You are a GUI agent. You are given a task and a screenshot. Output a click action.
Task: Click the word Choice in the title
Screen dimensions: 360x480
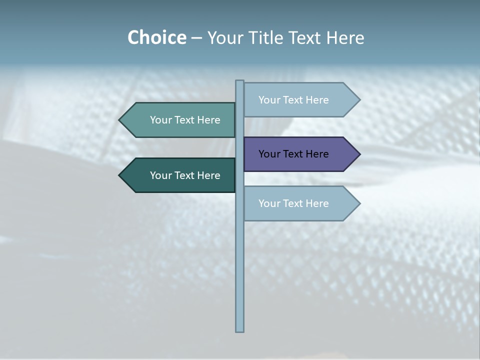(156, 38)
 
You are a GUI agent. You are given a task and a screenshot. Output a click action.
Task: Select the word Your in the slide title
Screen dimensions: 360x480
(223, 38)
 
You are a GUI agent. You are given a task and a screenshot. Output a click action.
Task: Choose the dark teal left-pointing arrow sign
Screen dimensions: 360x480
(180, 175)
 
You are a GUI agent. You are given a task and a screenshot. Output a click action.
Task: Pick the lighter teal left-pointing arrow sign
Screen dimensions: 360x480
(180, 120)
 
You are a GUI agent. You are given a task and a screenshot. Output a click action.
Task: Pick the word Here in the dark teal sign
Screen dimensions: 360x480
(208, 175)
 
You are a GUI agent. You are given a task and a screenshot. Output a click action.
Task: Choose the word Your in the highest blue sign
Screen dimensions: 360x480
(269, 100)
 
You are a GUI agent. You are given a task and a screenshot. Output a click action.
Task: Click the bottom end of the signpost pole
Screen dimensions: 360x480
(239, 329)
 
